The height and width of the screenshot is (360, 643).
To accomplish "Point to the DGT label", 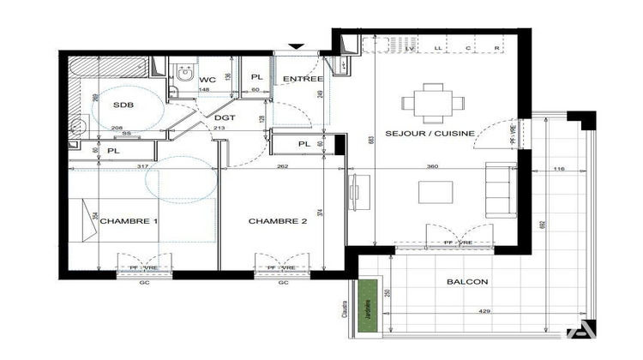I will click(225, 118).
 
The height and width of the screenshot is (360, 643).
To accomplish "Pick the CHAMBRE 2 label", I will click(278, 221).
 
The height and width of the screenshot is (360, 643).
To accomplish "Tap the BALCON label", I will click(467, 281).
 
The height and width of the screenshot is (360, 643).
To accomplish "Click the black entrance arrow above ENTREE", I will click(297, 46).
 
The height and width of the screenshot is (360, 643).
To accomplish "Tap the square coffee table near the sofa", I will click(436, 191).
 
